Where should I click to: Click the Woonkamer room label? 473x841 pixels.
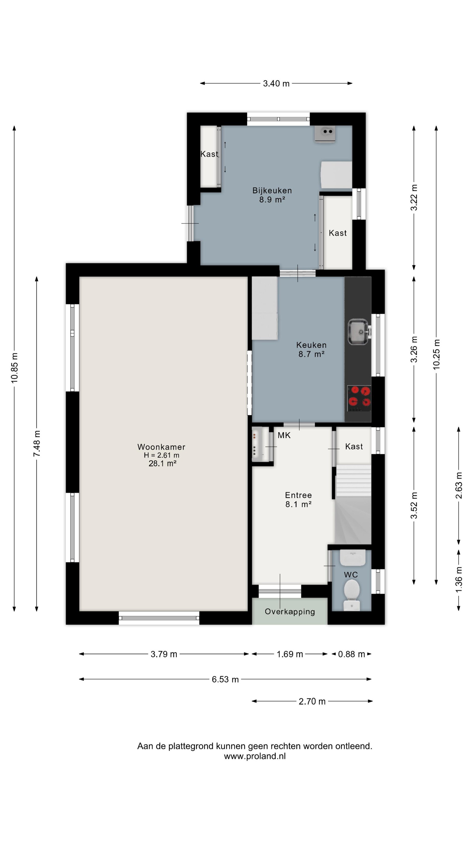161,446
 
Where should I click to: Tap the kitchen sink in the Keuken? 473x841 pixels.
359,332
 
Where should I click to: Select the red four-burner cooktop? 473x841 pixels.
359,399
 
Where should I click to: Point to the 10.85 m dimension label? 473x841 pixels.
14,368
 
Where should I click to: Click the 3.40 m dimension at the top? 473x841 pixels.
276,84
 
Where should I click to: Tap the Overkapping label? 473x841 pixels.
290,611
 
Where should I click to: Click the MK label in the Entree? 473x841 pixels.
284,435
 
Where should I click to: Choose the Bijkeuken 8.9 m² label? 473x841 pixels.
272,195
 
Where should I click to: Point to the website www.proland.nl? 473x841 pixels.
255,756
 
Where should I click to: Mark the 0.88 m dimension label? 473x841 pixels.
351,654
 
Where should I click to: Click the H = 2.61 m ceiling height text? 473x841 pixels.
161,455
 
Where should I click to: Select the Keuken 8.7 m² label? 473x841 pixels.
312,349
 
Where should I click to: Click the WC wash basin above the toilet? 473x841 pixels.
352,557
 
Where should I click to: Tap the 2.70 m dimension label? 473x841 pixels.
312,701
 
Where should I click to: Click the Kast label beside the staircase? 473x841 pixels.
354,446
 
